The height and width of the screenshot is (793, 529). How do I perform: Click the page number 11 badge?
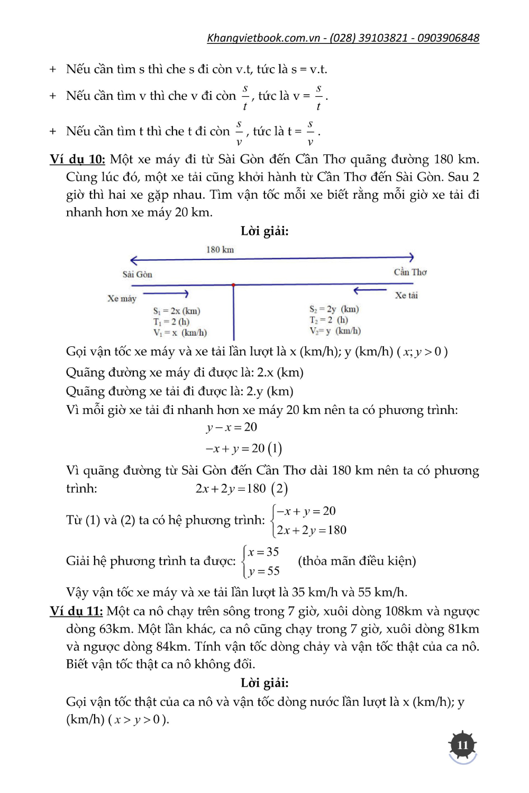463,745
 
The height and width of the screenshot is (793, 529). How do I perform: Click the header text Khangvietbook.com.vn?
263,38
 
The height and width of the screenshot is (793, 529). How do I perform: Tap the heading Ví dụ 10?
77,159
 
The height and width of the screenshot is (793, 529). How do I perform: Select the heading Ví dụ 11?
76,611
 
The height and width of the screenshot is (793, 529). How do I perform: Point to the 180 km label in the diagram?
220,250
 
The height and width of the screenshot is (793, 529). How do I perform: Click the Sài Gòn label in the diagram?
138,274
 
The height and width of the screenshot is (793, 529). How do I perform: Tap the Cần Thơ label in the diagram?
410,272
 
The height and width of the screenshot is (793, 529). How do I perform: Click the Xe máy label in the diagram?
122,299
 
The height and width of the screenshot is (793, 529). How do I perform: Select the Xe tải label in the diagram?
406,296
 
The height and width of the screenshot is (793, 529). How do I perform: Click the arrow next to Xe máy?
166,293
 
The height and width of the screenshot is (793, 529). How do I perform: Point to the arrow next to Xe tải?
370,290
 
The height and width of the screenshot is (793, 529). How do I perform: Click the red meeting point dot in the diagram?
233,285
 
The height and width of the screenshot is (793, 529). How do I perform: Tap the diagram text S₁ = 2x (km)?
177,311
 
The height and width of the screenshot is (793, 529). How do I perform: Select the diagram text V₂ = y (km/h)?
335,331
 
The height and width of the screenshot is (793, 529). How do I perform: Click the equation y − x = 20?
232,427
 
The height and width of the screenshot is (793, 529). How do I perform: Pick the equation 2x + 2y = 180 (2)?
241,488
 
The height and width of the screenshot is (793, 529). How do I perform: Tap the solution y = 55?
263,571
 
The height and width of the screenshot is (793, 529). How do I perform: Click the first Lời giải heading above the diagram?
264,231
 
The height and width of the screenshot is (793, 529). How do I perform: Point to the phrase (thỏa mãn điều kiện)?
357,561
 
